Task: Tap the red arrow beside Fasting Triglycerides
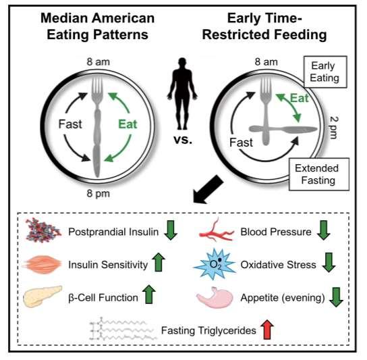click(x=267, y=330)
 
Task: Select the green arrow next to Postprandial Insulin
click(x=171, y=230)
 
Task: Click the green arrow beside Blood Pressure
click(x=324, y=230)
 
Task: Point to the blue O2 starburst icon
click(x=215, y=264)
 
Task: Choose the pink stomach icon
click(x=215, y=297)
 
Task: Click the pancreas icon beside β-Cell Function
click(x=43, y=297)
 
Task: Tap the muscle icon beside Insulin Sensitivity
click(x=42, y=264)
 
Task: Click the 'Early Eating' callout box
click(x=325, y=72)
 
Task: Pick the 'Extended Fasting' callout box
click(x=319, y=174)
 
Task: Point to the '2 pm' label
click(x=334, y=128)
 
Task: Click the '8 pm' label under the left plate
click(x=98, y=194)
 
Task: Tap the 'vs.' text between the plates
click(x=183, y=140)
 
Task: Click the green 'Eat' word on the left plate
click(x=128, y=124)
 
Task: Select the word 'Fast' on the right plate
click(x=241, y=143)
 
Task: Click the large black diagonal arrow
click(x=208, y=190)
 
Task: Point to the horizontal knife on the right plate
click(x=283, y=129)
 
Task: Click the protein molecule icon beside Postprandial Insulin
click(x=43, y=230)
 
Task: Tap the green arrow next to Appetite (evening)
click(x=336, y=297)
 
